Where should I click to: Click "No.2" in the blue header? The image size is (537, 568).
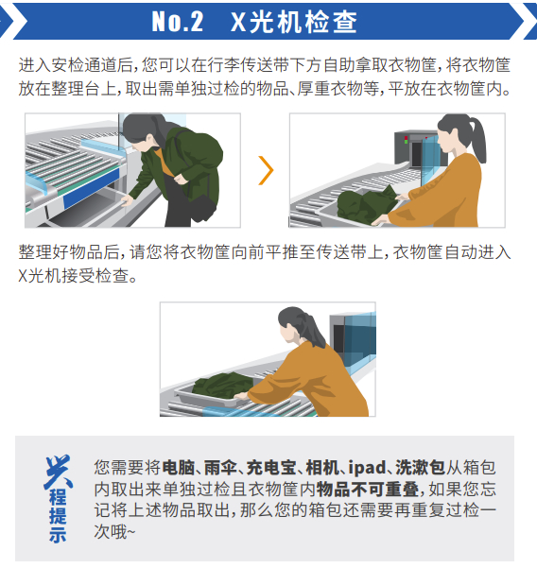177,22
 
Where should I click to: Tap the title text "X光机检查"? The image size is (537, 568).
294,22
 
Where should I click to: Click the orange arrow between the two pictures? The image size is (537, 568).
267,170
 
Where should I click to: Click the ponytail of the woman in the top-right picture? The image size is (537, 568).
478,140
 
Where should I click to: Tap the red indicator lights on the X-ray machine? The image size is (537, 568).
407,140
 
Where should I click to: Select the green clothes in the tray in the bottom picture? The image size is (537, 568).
223,386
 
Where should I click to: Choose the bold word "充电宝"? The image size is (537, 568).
271,468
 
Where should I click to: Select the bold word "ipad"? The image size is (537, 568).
367,468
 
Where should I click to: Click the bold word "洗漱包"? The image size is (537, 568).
420,468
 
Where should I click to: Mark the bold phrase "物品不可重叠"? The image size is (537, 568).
367,490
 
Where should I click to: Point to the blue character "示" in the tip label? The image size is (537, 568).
58,534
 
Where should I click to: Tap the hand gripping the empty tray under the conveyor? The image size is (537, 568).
127,200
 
